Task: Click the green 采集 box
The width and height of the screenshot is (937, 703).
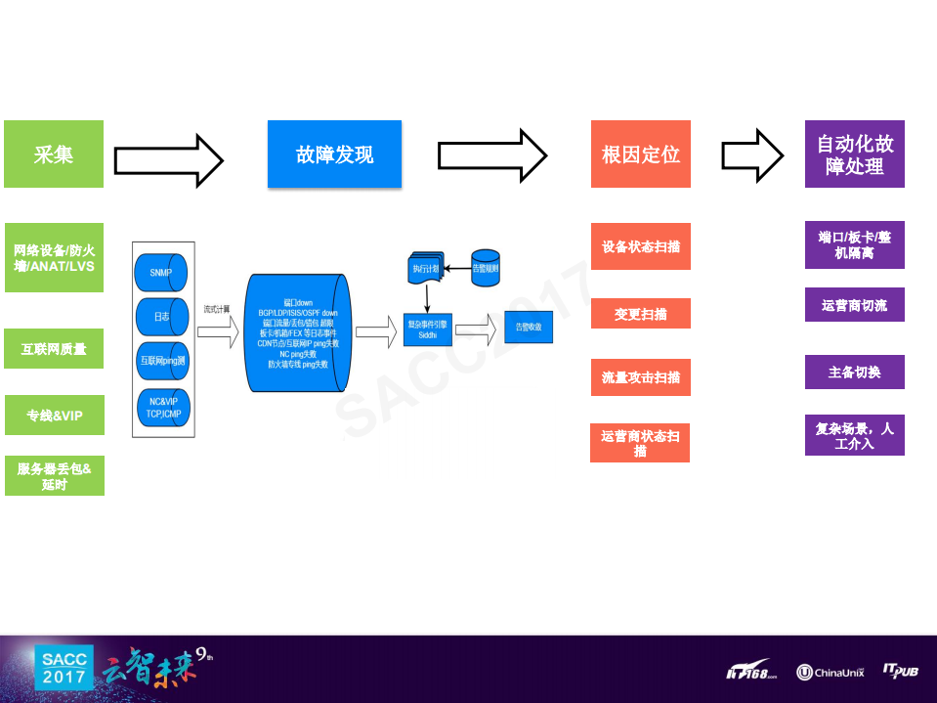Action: click(x=54, y=154)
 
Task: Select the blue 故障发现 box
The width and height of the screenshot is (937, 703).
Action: click(x=334, y=154)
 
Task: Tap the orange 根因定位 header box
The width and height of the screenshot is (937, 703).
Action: click(x=640, y=154)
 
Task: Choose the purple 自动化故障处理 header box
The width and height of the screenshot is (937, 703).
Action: click(x=854, y=154)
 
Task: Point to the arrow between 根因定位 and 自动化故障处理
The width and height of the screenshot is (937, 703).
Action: click(x=752, y=154)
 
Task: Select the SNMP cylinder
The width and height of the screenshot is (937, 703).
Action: click(x=162, y=272)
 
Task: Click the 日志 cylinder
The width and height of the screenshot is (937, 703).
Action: click(x=162, y=316)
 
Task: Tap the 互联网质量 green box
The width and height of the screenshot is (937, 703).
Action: click(x=54, y=348)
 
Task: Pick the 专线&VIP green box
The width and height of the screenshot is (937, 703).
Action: click(x=54, y=416)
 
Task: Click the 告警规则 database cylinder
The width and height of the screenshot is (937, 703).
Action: click(x=486, y=267)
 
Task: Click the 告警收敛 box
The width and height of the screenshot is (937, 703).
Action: click(x=529, y=327)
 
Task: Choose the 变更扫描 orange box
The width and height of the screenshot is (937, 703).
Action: click(x=640, y=314)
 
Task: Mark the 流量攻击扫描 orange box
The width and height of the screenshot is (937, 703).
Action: click(x=640, y=377)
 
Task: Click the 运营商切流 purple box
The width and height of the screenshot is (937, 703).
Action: click(x=854, y=305)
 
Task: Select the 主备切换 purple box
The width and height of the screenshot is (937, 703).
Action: click(x=854, y=372)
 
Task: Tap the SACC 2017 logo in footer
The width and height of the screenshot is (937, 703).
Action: click(x=64, y=668)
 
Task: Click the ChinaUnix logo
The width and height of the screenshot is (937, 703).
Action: click(x=831, y=672)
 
